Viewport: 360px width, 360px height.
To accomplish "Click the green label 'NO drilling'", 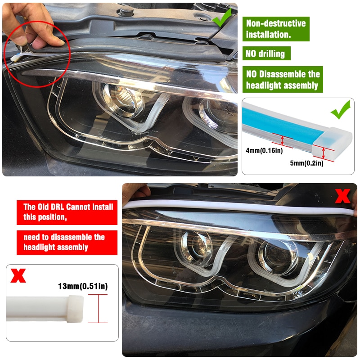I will coord(265,54).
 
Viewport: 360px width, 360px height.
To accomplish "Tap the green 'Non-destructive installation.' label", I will coord(275,28).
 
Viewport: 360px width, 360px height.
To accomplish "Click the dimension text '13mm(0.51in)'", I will coord(83,286).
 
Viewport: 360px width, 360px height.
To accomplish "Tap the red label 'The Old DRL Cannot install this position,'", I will coord(67,213).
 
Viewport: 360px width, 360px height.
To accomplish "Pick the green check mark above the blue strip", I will coord(341,110).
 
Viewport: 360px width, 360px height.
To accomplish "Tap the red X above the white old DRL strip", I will coord(18,275).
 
